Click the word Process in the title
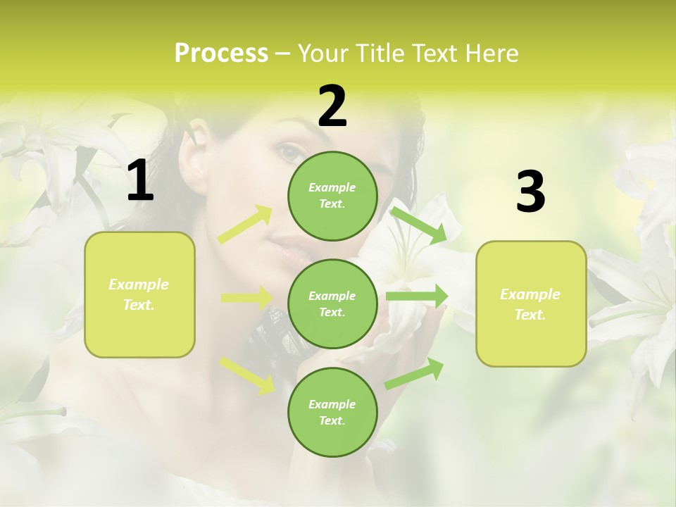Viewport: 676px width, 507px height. pos(221,54)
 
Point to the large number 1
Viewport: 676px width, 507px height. pos(140,181)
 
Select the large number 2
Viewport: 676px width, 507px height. pos(332,106)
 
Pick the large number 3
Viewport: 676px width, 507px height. pos(530,192)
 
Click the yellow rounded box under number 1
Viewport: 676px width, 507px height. pos(139,294)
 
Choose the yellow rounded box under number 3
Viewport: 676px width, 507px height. pos(531,303)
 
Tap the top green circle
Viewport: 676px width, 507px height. pos(332,195)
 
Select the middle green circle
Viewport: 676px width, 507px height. pos(332,303)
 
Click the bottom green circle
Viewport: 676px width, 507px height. pos(332,412)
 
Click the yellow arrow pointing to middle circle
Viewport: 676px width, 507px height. pos(246,298)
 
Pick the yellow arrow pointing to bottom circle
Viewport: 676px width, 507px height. pos(247,375)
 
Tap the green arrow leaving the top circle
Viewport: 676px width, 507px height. pos(418,225)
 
